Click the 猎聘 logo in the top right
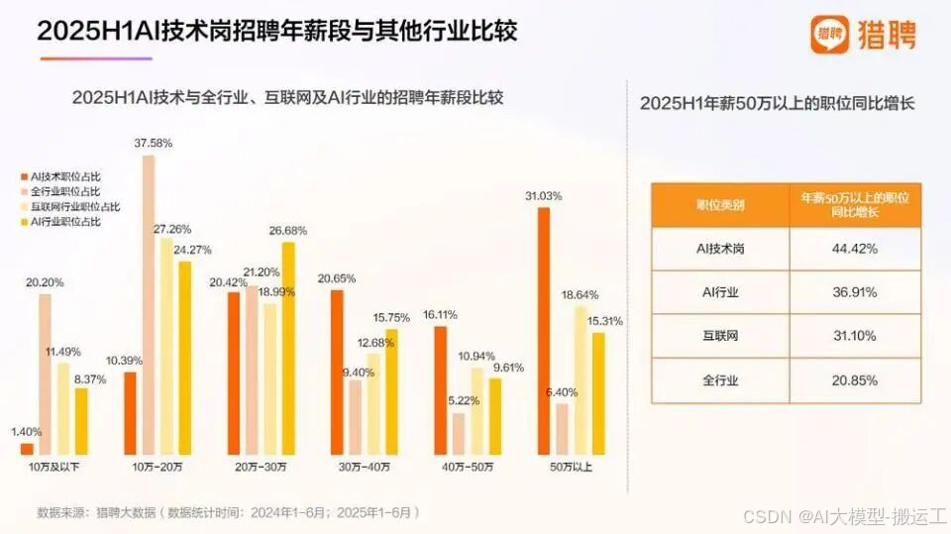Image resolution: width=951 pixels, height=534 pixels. tap(863, 35)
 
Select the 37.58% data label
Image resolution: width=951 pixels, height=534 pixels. tap(154, 143)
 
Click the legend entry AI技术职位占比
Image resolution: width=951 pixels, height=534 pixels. tap(65, 175)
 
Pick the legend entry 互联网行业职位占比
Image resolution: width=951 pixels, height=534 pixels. tap(75, 206)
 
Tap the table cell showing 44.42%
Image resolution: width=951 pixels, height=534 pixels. tap(855, 249)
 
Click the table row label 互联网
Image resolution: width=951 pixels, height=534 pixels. tap(720, 336)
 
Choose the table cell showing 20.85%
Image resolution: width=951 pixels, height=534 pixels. tap(855, 379)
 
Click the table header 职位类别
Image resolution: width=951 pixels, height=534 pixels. tap(720, 205)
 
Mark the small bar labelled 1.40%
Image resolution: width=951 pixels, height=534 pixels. tap(27, 450)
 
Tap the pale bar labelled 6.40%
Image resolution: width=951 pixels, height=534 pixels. tap(562, 429)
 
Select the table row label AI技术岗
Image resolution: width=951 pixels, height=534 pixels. tap(720, 249)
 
